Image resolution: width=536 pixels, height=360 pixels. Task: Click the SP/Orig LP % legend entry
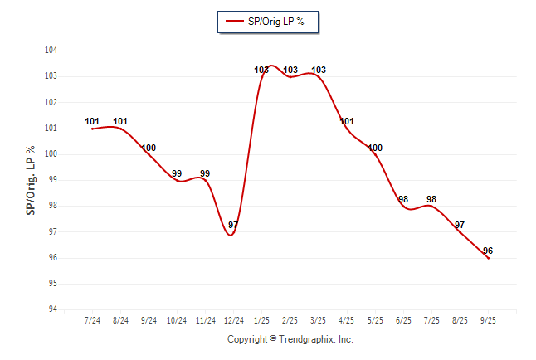tap(267, 22)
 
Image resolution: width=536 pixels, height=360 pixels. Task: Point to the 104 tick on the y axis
tap(51, 51)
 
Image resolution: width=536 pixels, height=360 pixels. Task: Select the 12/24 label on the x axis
tap(234, 320)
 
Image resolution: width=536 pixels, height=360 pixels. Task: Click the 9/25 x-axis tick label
tap(488, 320)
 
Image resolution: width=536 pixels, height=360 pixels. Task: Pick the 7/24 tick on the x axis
tap(93, 320)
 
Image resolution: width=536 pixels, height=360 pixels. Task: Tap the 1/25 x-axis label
tap(262, 320)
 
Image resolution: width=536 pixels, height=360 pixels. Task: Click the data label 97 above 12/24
tap(233, 226)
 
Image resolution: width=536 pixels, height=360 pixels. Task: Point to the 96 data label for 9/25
tap(488, 251)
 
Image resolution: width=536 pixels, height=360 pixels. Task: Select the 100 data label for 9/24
tap(149, 148)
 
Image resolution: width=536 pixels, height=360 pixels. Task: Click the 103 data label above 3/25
tap(319, 71)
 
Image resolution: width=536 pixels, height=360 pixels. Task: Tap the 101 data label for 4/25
tap(347, 122)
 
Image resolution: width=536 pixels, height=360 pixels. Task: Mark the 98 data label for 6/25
tap(403, 200)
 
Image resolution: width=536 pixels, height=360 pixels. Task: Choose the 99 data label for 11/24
tap(205, 174)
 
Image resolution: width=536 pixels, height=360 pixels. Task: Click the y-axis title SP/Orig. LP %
tap(31, 180)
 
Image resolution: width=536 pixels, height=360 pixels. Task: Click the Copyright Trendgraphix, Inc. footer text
tap(290, 339)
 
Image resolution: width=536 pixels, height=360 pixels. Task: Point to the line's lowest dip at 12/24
tap(231, 235)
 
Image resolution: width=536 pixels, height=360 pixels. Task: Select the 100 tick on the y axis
tap(51, 154)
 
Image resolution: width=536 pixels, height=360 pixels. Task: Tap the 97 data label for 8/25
tap(460, 226)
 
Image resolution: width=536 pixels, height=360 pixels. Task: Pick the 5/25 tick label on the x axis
tap(375, 320)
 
